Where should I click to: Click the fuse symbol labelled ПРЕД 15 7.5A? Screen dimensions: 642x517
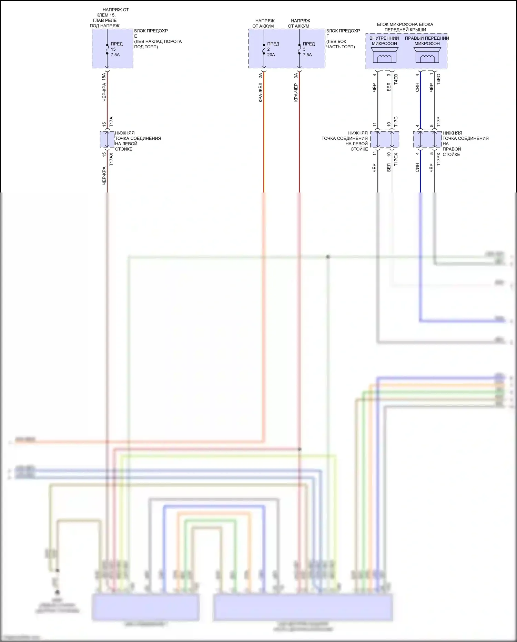107,49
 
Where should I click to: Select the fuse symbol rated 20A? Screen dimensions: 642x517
264,49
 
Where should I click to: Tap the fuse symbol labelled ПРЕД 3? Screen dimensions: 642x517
299,49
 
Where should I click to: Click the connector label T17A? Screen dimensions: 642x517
111,121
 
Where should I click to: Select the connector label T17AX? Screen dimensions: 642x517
111,160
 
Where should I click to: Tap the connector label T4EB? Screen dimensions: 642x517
396,79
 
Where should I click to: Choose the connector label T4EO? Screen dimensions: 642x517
438,79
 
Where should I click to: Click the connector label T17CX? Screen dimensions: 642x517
396,160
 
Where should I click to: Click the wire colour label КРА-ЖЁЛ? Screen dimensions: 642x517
260,92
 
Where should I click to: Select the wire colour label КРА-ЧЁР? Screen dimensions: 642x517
296,92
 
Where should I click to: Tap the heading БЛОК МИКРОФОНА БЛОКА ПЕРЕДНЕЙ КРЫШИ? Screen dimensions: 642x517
405,27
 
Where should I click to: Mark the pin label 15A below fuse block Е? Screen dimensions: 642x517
104,77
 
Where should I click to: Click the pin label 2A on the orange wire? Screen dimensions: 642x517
260,76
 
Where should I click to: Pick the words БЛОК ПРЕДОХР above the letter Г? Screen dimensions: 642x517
343,31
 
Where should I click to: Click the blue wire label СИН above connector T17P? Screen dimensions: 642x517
417,87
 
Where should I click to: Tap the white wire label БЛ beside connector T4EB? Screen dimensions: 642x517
389,87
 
